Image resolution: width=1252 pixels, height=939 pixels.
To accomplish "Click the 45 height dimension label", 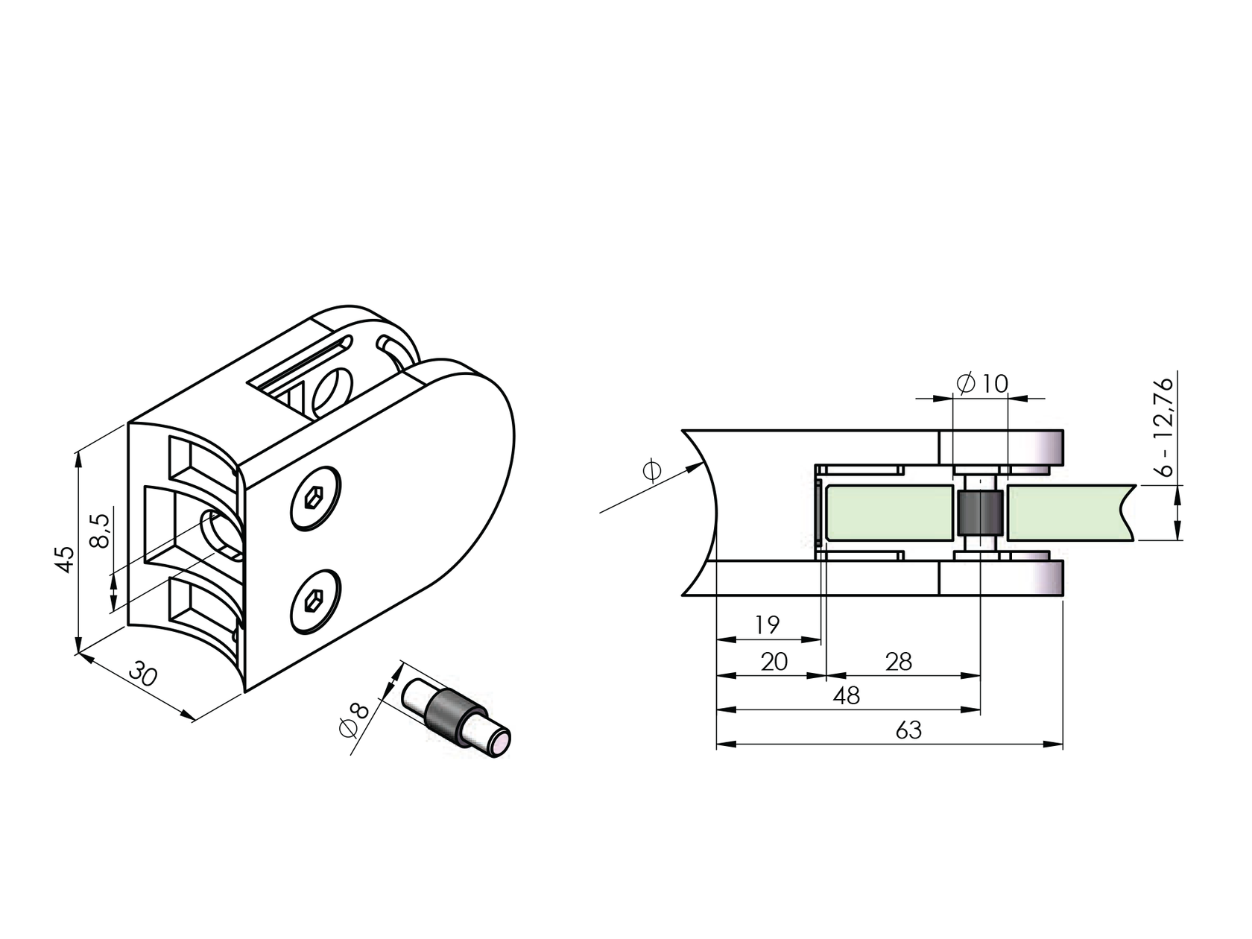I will point(66,558).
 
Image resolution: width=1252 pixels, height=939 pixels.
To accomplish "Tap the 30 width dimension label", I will point(143,675).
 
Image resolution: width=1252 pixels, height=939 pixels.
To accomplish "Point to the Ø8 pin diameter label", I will point(354,719).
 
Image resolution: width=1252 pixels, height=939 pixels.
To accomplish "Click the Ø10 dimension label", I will point(981,384).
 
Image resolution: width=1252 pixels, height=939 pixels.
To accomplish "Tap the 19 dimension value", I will point(766,625).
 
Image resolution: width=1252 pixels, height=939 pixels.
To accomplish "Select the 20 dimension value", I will point(774,661).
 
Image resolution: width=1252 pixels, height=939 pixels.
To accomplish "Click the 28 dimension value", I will point(898,661).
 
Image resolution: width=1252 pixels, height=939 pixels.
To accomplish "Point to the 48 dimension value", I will point(847,695).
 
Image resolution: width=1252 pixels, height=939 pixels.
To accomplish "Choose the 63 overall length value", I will point(908,730).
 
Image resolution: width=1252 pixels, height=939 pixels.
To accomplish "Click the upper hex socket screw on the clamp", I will point(314,499).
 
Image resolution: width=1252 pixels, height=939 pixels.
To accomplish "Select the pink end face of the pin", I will point(499,744).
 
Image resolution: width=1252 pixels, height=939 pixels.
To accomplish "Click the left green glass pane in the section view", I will point(887,513).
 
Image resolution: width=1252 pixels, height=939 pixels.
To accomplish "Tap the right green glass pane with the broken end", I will point(1066,513).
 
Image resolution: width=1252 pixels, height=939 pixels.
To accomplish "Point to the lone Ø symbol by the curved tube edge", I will point(651,471).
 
